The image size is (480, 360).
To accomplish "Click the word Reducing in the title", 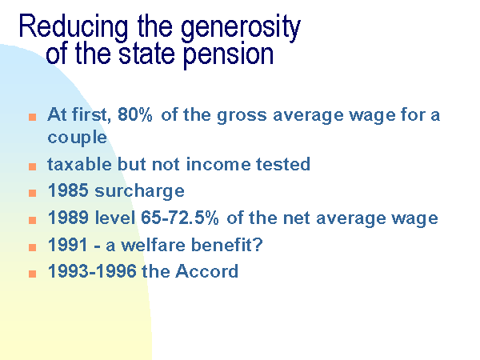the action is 74,27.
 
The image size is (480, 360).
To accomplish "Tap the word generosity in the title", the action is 241,28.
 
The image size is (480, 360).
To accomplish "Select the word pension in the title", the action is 228,55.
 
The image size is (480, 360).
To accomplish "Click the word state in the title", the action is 146,54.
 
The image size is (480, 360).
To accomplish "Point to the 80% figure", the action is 135,114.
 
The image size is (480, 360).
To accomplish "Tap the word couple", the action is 77,137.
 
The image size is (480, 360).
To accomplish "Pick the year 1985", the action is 68,190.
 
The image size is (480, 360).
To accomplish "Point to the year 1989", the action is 68,218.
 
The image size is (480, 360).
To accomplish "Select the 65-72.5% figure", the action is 180,218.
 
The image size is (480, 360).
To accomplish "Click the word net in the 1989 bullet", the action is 297,218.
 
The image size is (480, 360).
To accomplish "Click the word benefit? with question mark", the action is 227,245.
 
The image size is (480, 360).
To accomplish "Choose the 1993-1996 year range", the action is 92,271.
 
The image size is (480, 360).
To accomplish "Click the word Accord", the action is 206,271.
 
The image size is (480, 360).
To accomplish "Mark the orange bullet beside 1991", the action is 33,247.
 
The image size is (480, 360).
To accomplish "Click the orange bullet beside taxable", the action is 33,166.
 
